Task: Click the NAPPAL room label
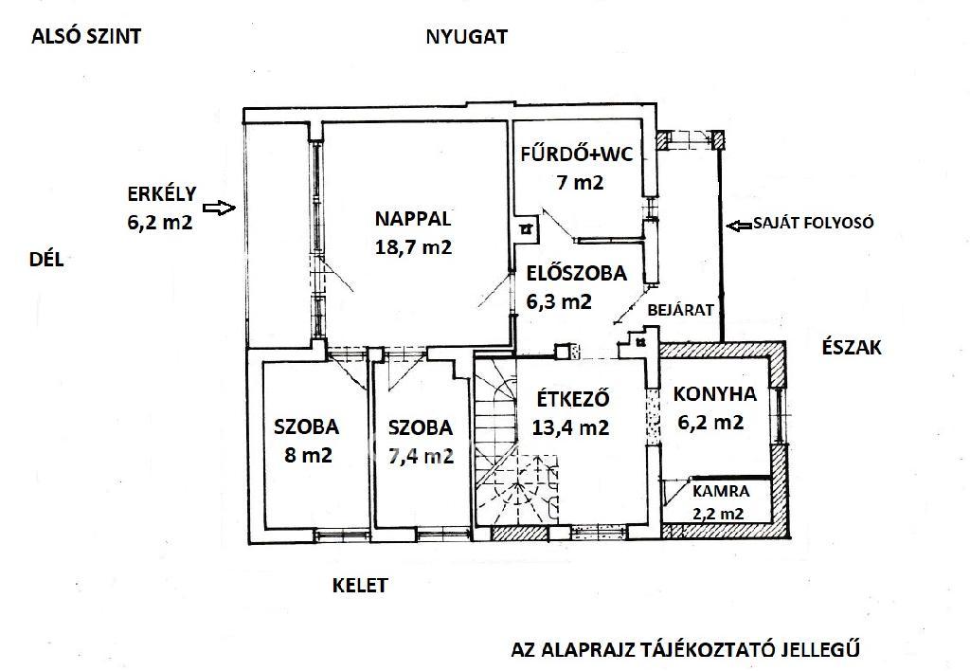pos(413,219)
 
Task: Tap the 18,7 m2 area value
pos(413,247)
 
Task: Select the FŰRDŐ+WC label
pos(577,154)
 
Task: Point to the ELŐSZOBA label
pos(576,273)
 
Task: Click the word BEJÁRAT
pos(680,310)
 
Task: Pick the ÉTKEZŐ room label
pos(573,399)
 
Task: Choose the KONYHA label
pos(714,393)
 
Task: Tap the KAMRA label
pos(721,492)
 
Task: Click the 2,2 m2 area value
pos(718,514)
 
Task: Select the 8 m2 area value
pos(308,456)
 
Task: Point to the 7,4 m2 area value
pos(421,456)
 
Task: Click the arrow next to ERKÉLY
pos(220,208)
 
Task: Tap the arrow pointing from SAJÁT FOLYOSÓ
pos(739,226)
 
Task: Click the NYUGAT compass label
pos(466,37)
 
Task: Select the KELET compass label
pos(360,586)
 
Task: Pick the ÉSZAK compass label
pos(852,347)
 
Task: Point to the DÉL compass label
pos(46,260)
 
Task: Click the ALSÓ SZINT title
pos(86,37)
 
